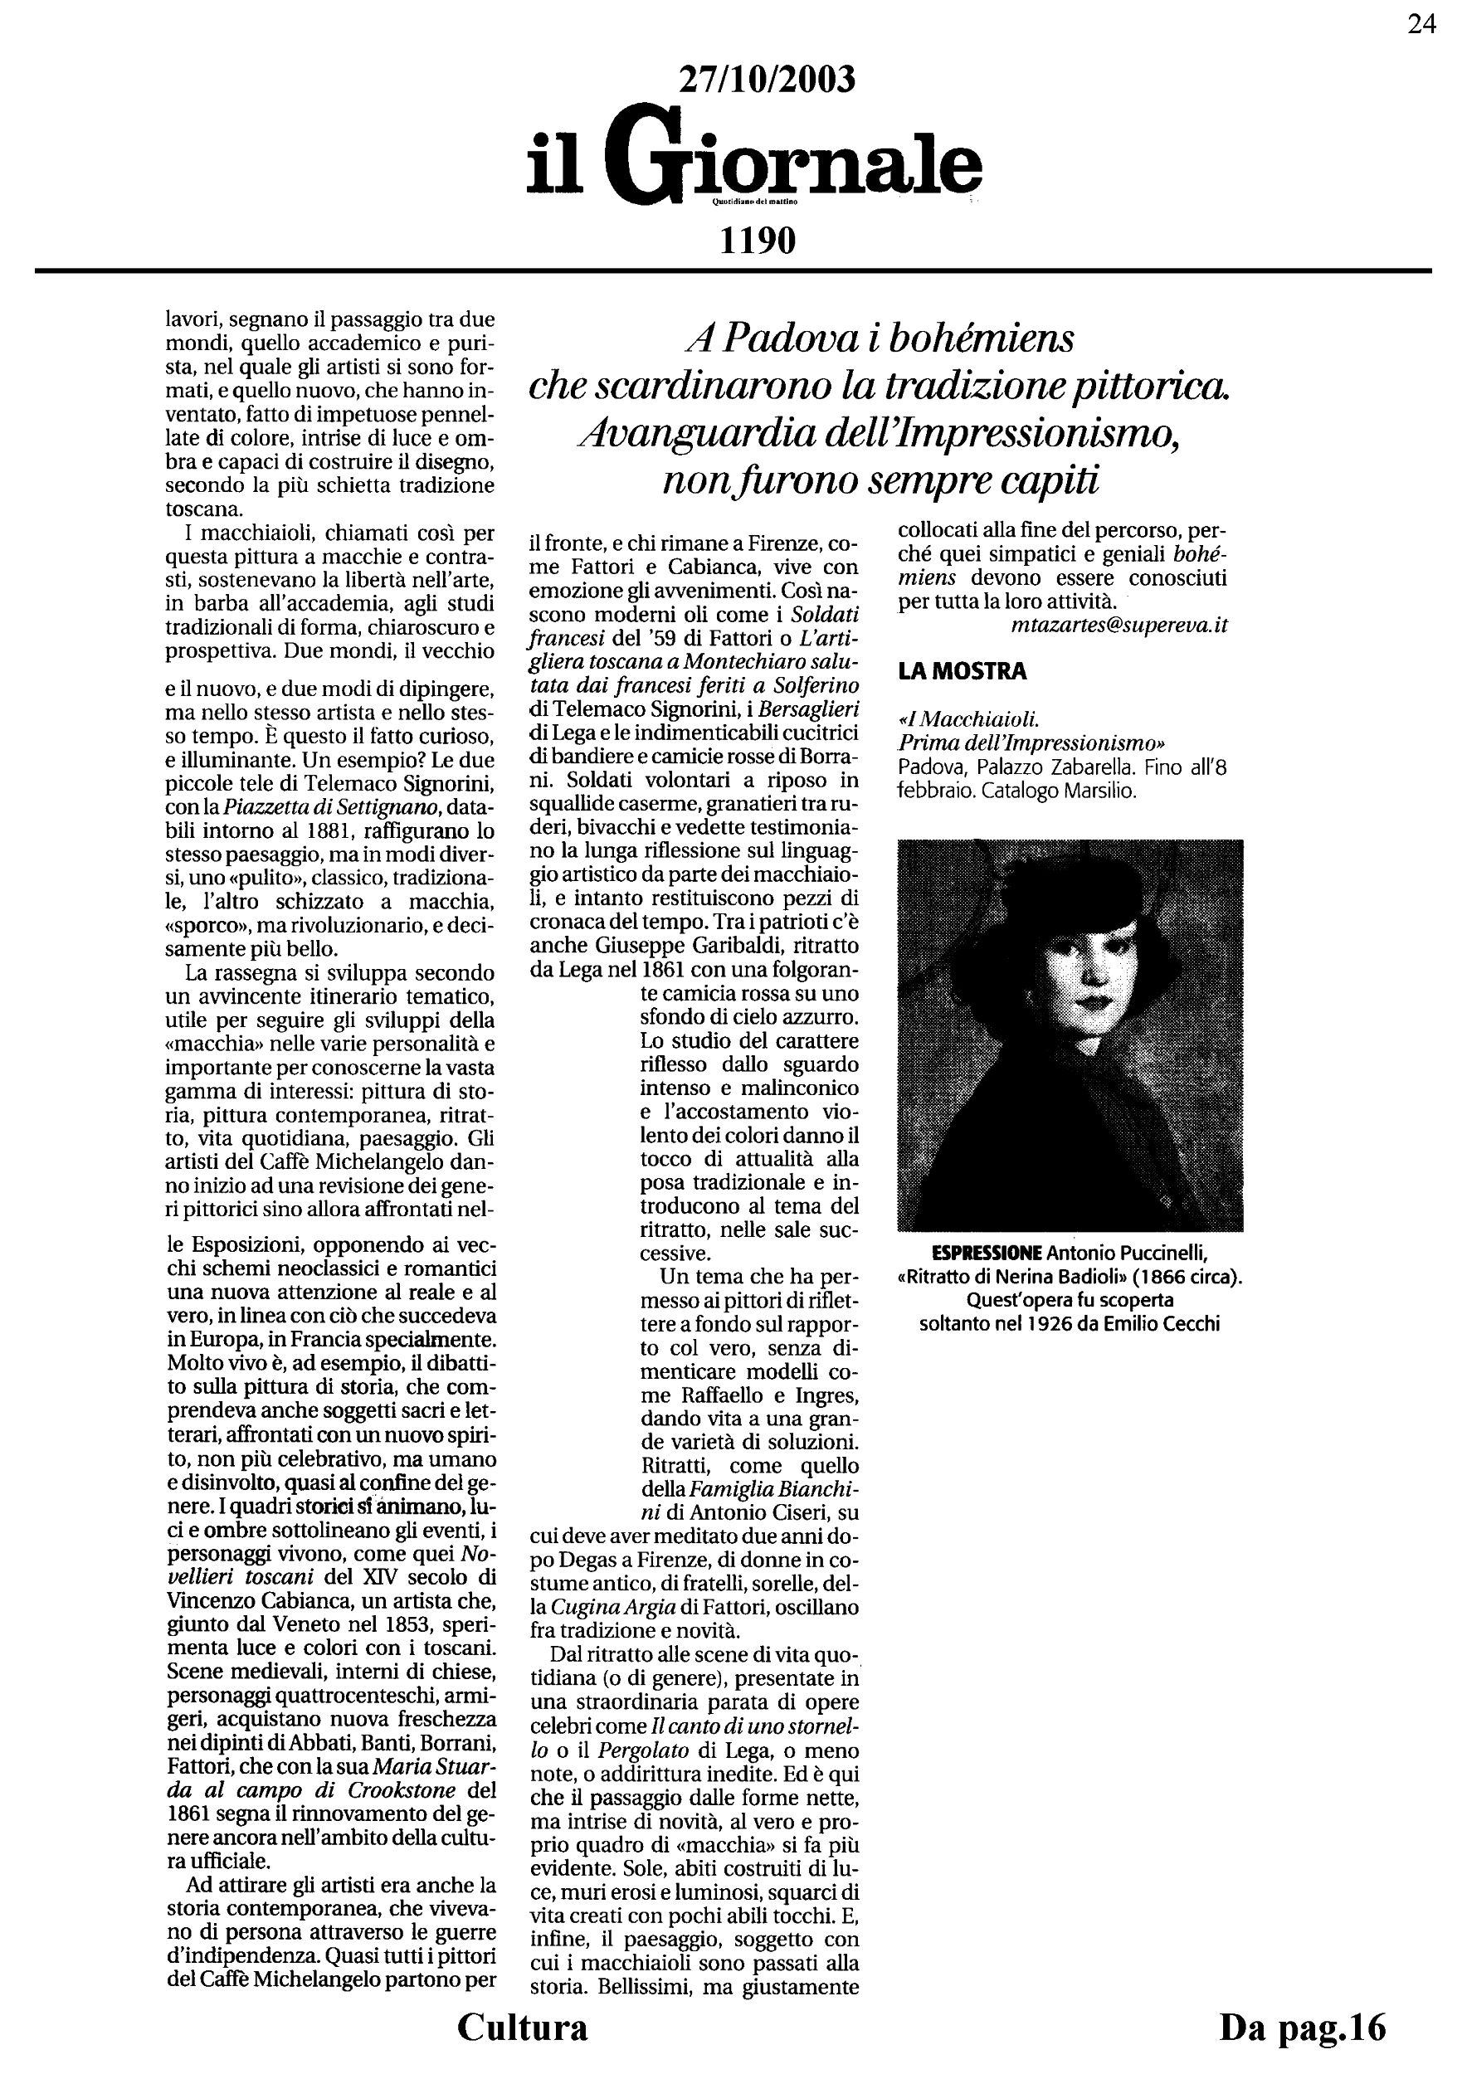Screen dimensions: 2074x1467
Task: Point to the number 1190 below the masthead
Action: (757, 241)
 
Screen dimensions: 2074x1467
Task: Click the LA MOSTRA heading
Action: (962, 671)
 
